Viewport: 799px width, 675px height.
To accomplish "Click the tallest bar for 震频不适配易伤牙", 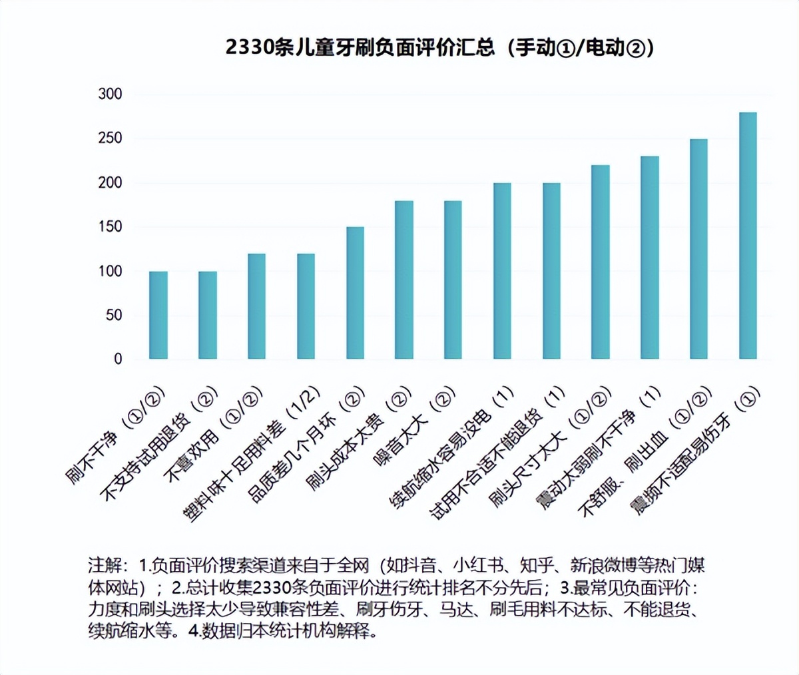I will point(748,236).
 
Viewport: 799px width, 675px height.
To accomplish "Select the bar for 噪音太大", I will point(453,280).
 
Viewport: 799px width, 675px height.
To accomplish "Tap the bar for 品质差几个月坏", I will point(355,294).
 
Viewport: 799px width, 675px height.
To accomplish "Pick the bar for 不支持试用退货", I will point(208,316).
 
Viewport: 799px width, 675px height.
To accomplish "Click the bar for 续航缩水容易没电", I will point(502,272).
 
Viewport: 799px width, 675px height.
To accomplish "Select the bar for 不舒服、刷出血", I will point(698,250).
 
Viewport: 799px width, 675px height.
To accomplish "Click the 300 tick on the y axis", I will point(111,94).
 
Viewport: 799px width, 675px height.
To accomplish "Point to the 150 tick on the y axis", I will point(111,226).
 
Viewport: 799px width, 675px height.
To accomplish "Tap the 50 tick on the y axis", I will point(114,315).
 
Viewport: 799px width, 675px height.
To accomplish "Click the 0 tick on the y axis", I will point(118,359).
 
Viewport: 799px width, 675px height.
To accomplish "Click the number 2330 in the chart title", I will point(249,47).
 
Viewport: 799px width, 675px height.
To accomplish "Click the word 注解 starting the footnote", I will point(105,566).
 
